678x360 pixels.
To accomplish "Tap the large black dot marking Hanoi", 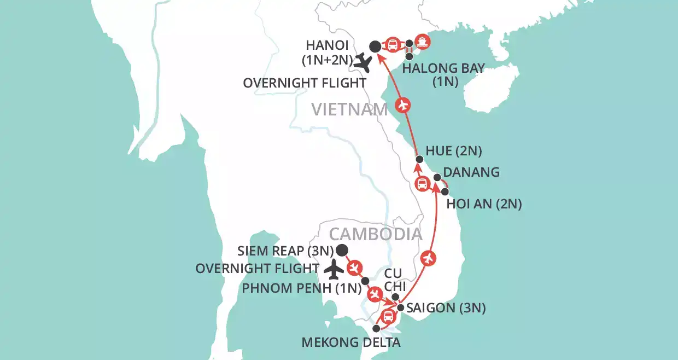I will point(375,47).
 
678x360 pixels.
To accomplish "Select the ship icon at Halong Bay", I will point(422,41).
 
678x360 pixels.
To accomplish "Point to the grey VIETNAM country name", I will point(349,110).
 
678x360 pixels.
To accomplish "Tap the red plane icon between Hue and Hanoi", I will point(403,105).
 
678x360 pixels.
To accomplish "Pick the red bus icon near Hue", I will point(422,184).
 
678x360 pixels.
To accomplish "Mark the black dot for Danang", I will point(437,177).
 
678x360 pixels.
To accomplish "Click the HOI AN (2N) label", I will point(484,204).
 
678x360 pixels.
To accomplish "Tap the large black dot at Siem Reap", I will point(342,251).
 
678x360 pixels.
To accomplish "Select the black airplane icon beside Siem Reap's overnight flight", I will point(334,269).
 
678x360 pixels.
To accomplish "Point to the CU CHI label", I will point(395,279).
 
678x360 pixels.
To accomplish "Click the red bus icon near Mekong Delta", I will point(388,316).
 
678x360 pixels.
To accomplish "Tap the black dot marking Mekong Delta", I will point(376,329).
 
